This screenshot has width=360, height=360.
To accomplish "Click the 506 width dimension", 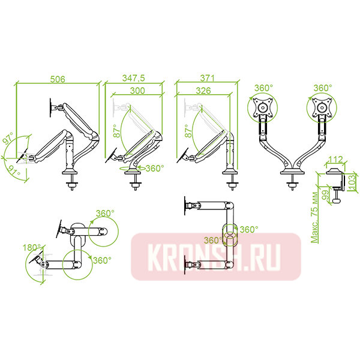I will coord(57,79).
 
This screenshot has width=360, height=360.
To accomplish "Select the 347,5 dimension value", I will coord(133,79).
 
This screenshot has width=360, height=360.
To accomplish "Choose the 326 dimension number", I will coord(202,90).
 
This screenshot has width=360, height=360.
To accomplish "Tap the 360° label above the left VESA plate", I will coord(263,88).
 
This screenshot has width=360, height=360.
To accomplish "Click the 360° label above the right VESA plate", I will coord(322,88).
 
